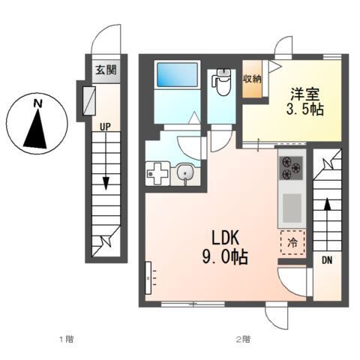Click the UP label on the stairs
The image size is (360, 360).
click(x=105, y=127)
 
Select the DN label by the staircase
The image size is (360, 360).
click(x=327, y=261)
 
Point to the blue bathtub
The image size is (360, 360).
click(x=176, y=76)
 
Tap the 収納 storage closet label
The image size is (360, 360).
click(x=251, y=78)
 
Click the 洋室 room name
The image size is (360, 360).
click(x=305, y=95)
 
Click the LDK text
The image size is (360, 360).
click(x=224, y=238)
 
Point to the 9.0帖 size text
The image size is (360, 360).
click(x=224, y=256)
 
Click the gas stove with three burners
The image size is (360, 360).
click(x=289, y=170)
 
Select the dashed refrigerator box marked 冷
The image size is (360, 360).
click(x=292, y=242)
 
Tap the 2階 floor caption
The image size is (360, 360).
click(x=242, y=339)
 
